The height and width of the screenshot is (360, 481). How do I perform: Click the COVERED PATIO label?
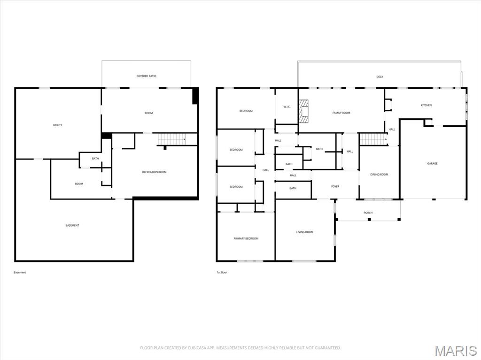tap(146, 76)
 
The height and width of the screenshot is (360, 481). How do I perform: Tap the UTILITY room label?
tap(57, 125)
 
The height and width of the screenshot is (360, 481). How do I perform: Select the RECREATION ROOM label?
tap(154, 172)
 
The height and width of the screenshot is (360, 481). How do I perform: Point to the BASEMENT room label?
tap(72, 226)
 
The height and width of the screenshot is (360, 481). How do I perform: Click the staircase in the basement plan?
tap(171, 139)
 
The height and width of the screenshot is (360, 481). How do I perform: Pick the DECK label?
tap(380, 77)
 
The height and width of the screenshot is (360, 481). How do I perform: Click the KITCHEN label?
tap(426, 105)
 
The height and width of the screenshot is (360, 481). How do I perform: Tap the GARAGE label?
tap(432, 164)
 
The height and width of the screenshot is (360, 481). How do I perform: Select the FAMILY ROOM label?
tap(341, 113)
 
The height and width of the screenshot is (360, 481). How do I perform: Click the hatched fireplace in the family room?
tap(305, 111)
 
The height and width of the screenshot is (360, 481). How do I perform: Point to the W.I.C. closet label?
tap(287, 107)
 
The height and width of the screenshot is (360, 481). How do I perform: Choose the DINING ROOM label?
tap(379, 175)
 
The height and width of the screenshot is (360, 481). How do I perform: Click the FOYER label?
tap(335, 186)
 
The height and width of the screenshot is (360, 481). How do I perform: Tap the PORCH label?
tap(368, 213)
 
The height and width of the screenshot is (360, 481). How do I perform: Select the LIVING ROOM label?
tap(304, 232)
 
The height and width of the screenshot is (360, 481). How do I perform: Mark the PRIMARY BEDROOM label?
tap(246, 238)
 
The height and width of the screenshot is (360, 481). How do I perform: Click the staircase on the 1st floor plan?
tap(373, 139)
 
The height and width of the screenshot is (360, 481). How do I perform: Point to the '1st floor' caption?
tap(221, 272)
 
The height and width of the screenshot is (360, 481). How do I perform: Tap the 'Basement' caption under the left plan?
tap(20, 272)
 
